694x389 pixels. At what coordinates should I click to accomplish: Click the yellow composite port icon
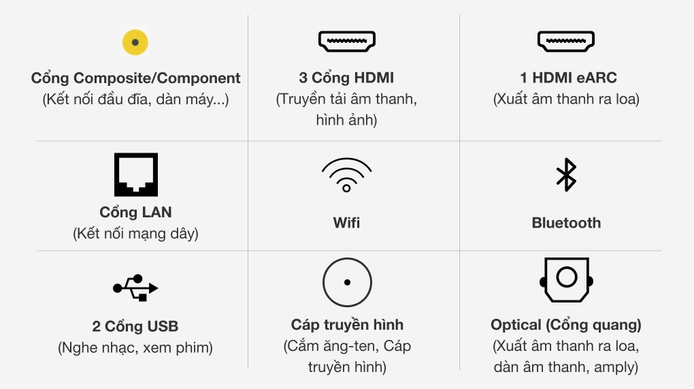click(135, 42)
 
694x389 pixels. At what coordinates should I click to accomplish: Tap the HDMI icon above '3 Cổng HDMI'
click(347, 42)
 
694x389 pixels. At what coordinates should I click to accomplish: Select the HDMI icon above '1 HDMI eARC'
click(566, 42)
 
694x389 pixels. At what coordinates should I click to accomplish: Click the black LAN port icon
click(135, 174)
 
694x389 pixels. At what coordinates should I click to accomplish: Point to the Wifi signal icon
click(347, 174)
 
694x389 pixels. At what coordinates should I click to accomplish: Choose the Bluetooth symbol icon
click(566, 174)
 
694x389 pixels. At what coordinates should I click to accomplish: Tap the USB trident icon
click(135, 288)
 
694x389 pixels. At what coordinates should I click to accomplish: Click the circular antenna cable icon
click(347, 282)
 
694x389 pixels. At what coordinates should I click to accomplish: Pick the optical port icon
click(566, 279)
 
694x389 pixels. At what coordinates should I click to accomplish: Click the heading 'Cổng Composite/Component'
click(135, 78)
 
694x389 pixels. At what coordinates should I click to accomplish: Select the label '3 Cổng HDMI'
click(347, 78)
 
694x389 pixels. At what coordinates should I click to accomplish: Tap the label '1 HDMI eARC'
click(566, 78)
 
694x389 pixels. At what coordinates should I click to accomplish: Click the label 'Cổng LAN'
click(135, 212)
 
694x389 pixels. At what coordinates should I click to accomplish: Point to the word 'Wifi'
click(347, 223)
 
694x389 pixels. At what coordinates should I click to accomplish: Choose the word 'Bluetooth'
click(566, 223)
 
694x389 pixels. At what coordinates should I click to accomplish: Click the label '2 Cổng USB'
click(135, 326)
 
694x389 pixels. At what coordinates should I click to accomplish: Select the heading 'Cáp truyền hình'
click(347, 325)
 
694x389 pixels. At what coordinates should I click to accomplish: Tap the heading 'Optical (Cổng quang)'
click(566, 325)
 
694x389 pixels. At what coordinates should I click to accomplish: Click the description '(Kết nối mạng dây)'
click(135, 234)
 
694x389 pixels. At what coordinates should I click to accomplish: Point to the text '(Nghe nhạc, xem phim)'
click(135, 348)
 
